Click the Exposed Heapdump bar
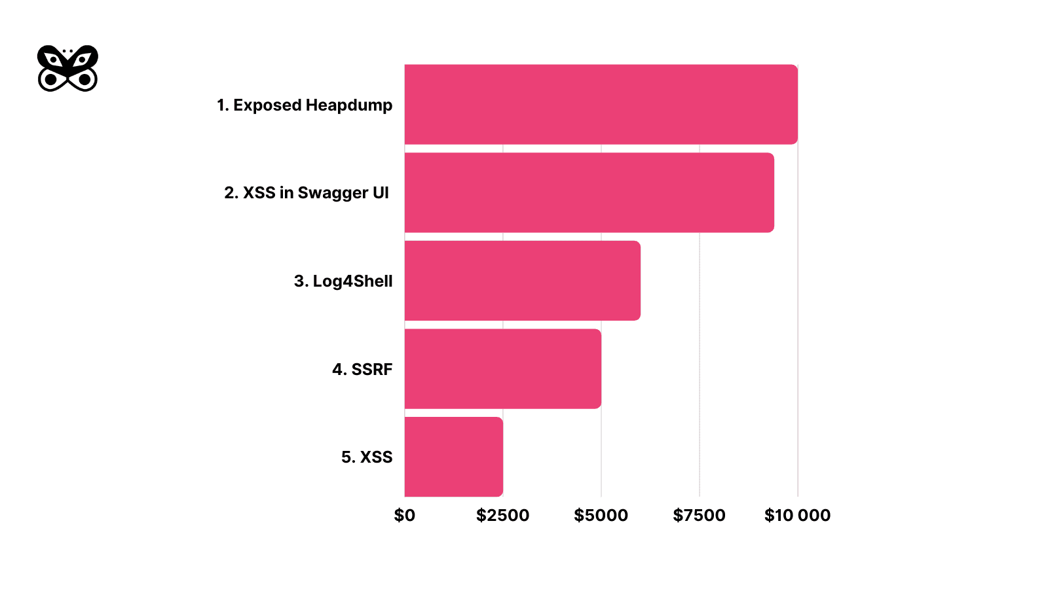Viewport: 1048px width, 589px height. point(601,105)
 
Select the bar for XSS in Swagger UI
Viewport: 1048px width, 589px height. point(589,192)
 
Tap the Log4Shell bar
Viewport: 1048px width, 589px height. point(522,281)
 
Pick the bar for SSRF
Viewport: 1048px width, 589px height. point(502,369)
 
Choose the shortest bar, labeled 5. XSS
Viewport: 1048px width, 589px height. point(453,457)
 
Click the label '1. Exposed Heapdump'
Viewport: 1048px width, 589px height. point(305,105)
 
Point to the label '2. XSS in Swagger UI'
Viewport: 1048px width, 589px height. point(307,193)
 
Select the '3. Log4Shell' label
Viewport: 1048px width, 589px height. point(343,281)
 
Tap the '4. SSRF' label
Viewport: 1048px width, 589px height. point(362,370)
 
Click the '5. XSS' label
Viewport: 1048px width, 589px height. point(367,457)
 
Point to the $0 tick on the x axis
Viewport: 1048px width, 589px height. point(404,516)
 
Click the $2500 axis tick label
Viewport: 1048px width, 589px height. point(502,516)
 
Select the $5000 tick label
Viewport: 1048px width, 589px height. point(601,516)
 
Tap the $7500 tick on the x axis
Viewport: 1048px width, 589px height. point(699,516)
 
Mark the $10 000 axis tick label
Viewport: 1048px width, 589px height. point(797,516)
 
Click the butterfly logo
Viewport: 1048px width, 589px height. point(67,68)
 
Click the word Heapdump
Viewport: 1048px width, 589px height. point(349,105)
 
